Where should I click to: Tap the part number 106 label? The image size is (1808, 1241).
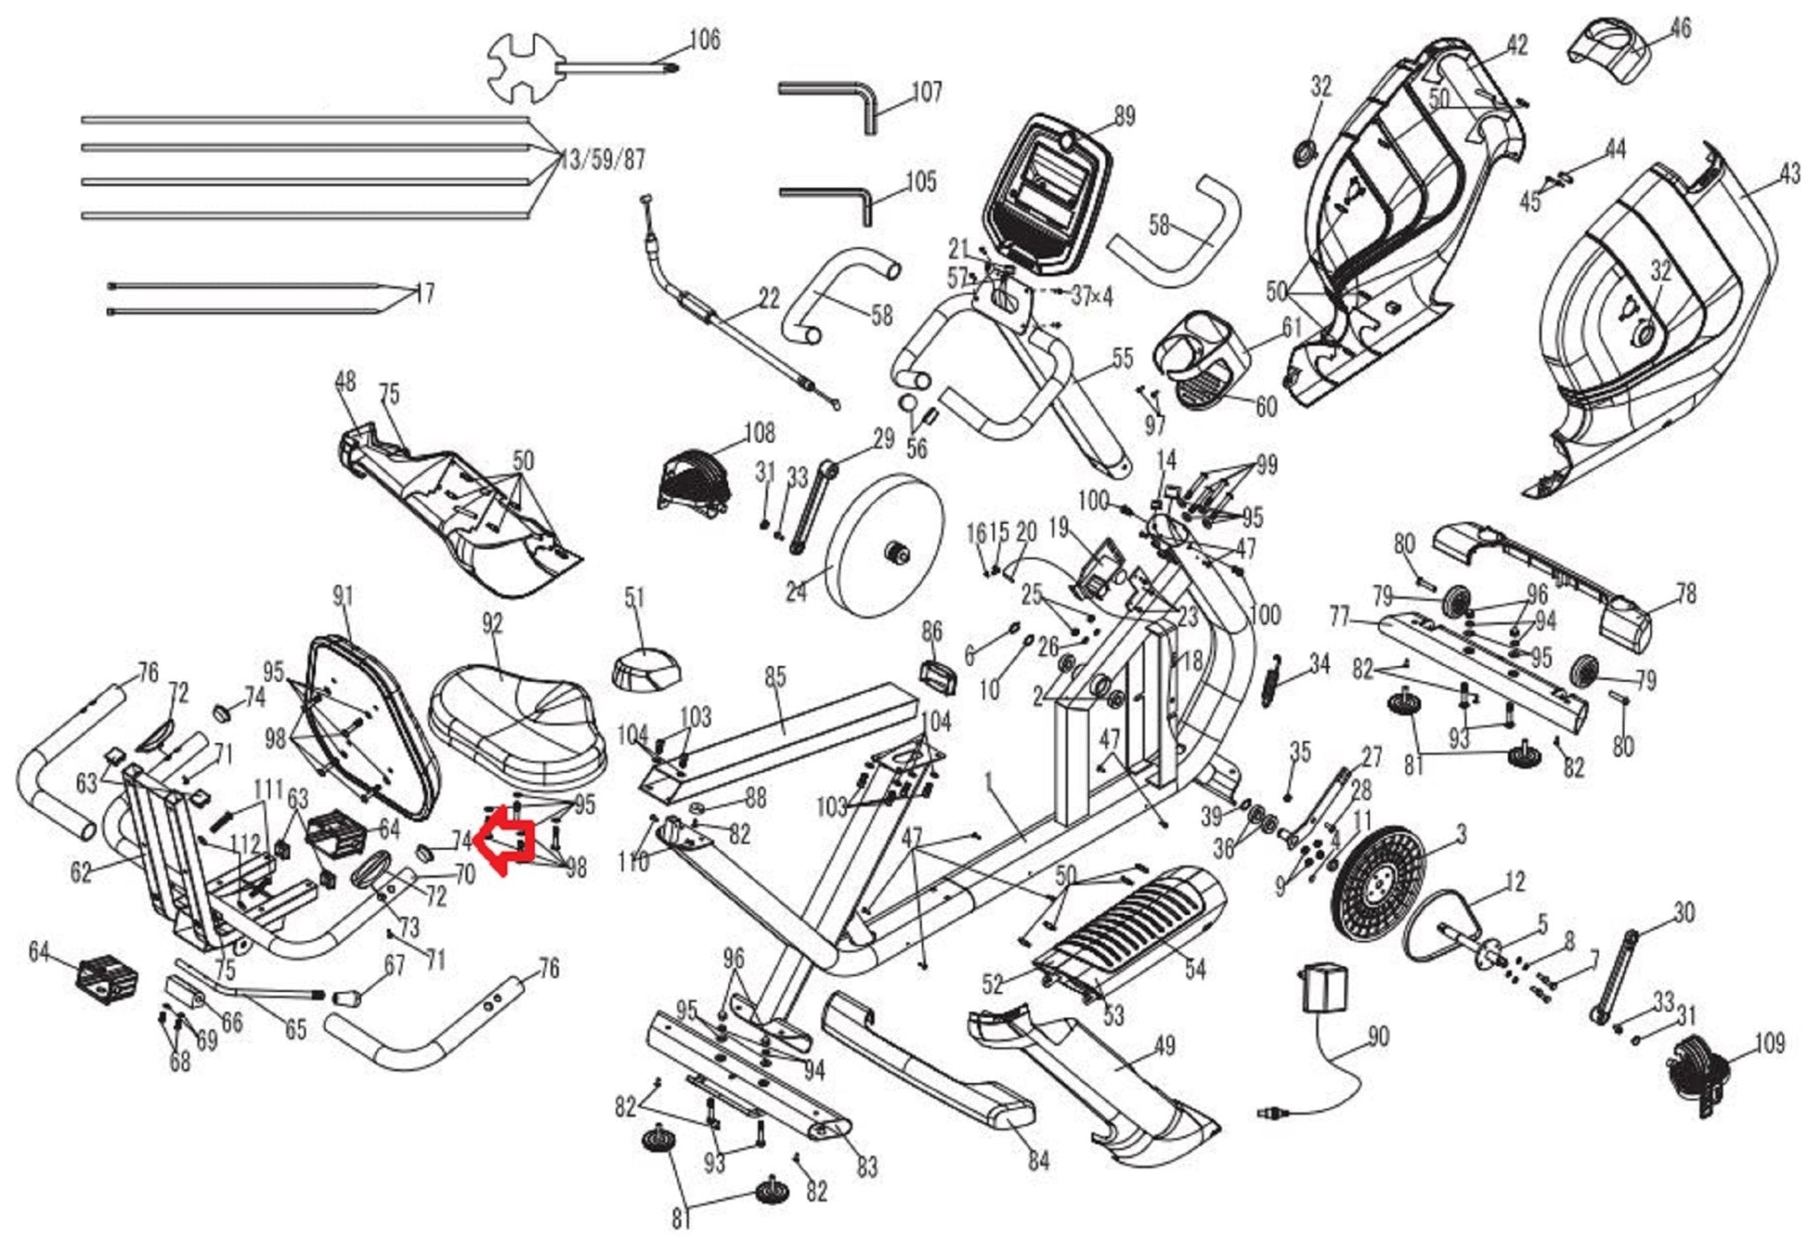point(704,40)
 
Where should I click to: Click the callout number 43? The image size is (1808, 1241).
point(1789,174)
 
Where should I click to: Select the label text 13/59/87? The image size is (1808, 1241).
point(602,161)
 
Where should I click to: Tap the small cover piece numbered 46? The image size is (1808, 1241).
point(1611,53)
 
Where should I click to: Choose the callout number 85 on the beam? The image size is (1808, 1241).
point(774,677)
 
